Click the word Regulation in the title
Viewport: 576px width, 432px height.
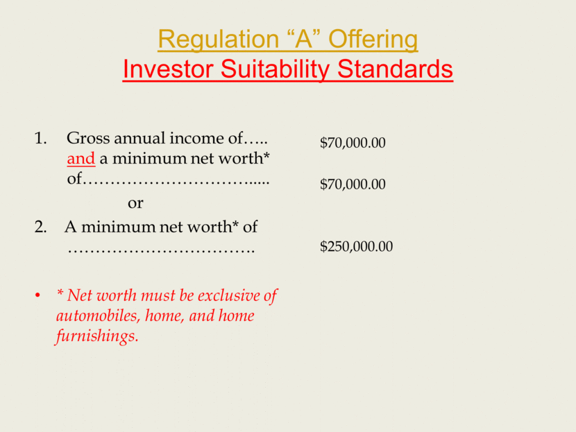218,40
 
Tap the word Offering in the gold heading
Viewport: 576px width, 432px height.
373,40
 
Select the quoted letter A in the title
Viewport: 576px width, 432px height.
303,39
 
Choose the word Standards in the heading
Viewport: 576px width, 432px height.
395,69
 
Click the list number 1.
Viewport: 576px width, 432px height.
40,139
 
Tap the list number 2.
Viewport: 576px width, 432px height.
40,227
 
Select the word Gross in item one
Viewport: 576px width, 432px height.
88,139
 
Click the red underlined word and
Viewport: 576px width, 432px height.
81,159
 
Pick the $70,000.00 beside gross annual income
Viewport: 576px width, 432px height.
353,143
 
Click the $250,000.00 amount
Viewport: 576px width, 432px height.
356,246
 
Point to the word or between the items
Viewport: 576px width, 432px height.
135,203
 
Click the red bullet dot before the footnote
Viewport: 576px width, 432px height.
37,295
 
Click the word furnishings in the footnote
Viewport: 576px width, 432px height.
97,336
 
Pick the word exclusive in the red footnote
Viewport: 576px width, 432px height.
228,295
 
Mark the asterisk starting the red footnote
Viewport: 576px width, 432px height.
60,293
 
